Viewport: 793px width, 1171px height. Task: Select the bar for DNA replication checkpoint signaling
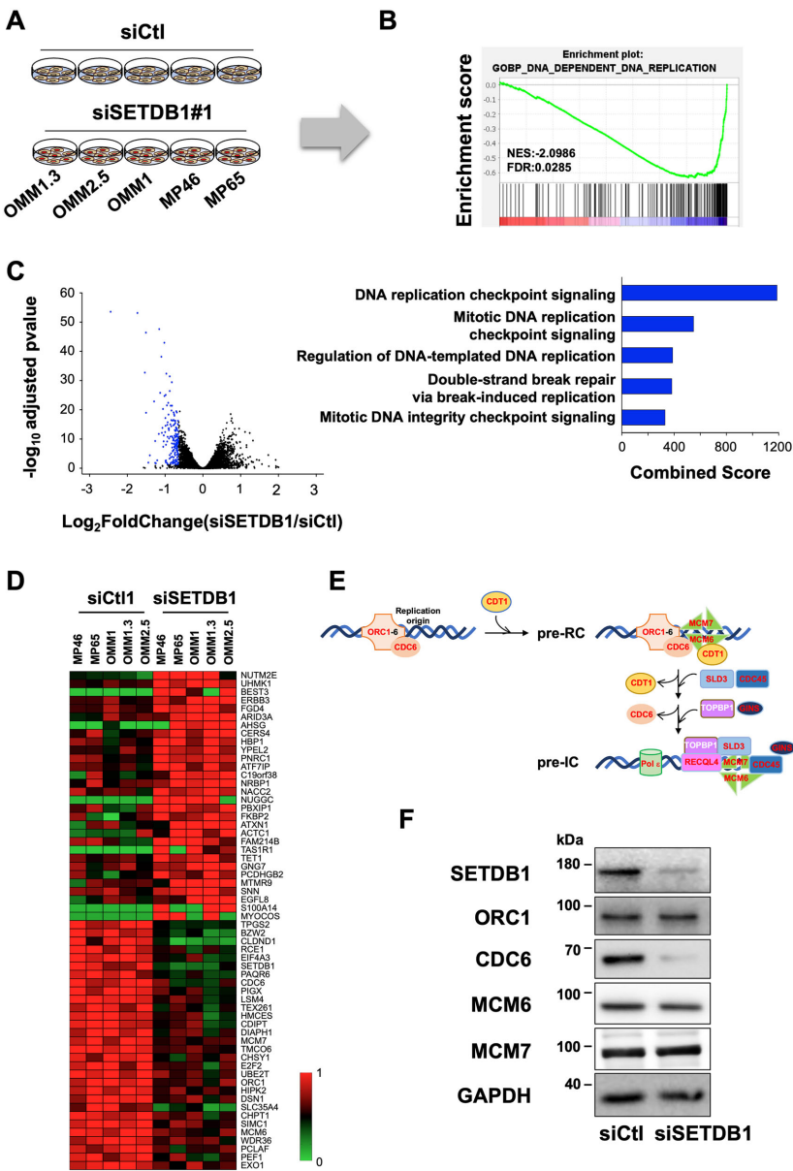[699, 293]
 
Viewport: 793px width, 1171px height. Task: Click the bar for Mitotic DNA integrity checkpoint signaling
[643, 417]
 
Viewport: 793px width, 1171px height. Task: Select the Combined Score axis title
[700, 473]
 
